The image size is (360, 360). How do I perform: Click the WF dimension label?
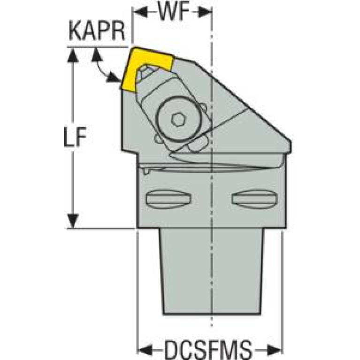click(x=172, y=12)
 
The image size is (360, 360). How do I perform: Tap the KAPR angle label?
click(x=97, y=32)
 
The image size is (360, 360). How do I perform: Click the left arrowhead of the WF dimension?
click(x=139, y=12)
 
